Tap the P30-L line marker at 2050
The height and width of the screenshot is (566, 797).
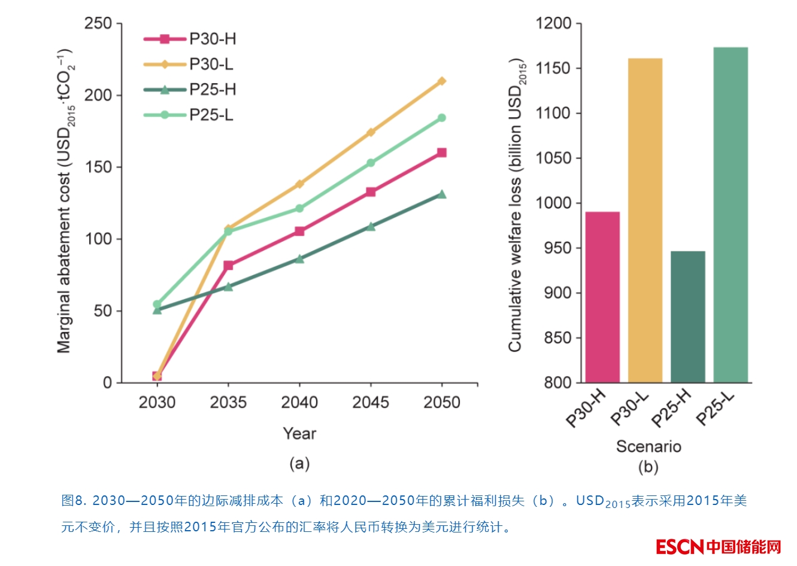point(442,81)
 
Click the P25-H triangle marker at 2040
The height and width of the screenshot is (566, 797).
point(299,259)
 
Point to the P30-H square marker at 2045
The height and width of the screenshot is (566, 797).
point(371,192)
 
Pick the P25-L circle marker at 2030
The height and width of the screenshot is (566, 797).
point(157,304)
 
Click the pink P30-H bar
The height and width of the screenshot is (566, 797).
point(602,297)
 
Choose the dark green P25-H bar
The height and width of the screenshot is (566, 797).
point(687,317)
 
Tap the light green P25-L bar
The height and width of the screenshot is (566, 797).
point(731,215)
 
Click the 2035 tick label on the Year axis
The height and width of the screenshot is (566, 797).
point(228,402)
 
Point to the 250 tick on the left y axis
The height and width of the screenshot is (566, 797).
point(98,23)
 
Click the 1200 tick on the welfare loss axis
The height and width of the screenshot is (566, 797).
point(553,23)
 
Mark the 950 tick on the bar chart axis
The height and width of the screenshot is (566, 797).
point(557,248)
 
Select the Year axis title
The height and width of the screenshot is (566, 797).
point(299,433)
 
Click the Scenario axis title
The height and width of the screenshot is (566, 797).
point(648,446)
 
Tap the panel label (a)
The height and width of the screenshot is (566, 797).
point(299,464)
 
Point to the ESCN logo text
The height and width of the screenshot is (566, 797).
point(680,547)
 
